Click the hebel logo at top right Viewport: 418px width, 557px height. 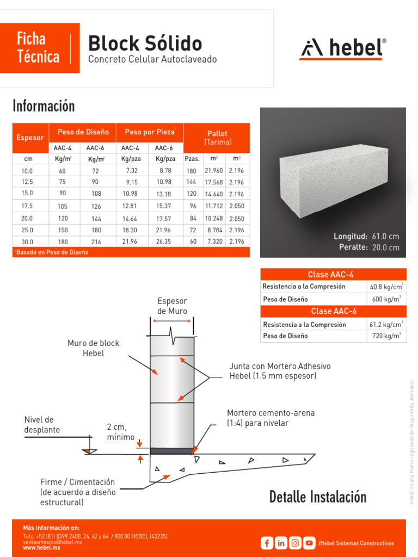[343, 49]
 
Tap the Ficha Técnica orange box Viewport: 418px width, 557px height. [39, 47]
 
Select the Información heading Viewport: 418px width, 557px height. [44, 106]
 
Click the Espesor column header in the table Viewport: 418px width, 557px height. [30, 138]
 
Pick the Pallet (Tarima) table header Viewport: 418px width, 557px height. [217, 137]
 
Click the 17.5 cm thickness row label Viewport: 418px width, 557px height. [27, 206]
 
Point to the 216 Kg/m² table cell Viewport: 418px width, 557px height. [96, 242]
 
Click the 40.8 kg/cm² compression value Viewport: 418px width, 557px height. [386, 286]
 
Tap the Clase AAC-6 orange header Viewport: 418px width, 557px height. [333, 311]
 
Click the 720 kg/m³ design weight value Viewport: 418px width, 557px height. [386, 336]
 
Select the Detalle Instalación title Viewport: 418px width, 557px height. [318, 497]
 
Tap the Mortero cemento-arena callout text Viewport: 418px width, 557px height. [271, 418]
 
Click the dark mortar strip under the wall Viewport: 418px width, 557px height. [171, 450]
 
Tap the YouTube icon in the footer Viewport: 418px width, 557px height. [309, 543]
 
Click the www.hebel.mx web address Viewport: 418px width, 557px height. [41, 548]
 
